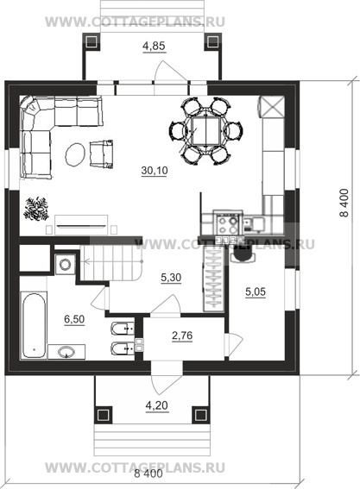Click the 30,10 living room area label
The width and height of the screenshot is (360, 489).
pyautogui.click(x=155, y=171)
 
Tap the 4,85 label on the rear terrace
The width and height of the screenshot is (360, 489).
pyautogui.click(x=154, y=47)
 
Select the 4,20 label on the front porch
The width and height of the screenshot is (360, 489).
pyautogui.click(x=157, y=405)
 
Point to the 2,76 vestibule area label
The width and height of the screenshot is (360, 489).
pyautogui.click(x=182, y=335)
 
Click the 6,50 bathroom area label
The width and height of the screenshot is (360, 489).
pyautogui.click(x=74, y=319)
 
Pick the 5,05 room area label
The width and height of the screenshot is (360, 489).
pyautogui.click(x=256, y=292)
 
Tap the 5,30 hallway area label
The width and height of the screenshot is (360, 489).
pyautogui.click(x=171, y=277)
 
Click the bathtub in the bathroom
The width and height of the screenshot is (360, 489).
pyautogui.click(x=34, y=325)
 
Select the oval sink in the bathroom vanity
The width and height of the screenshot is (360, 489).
pyautogui.click(x=66, y=352)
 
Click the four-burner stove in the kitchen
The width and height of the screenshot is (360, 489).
pyautogui.click(x=228, y=223)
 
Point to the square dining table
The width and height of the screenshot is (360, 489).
pyautogui.click(x=206, y=131)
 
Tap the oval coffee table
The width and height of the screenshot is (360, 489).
pyautogui.click(x=75, y=154)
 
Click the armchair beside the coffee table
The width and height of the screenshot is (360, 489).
pyautogui.click(x=101, y=154)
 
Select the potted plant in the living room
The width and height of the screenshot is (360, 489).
pyautogui.click(x=36, y=209)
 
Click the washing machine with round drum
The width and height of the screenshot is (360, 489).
pyautogui.click(x=65, y=264)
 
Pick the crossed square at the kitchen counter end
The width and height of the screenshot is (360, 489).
pyautogui.click(x=272, y=107)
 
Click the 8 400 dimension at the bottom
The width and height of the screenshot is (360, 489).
pyautogui.click(x=148, y=474)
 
